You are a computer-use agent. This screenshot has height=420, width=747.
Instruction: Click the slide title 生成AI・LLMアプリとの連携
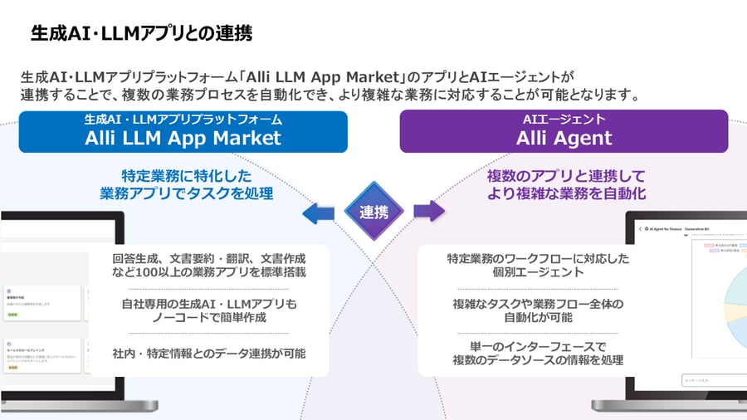pos(142,34)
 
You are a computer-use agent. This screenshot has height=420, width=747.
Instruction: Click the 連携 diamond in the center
pos(373,212)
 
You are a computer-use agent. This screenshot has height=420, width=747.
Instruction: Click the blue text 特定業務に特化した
pos(186,176)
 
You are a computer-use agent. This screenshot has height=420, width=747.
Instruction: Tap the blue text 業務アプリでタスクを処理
pos(186,193)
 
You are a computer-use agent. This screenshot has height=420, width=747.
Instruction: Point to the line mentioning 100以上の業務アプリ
pos(208,271)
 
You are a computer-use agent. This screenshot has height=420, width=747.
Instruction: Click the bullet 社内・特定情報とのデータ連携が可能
pos(208,353)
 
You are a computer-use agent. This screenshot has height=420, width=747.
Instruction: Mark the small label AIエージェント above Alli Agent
pos(564,120)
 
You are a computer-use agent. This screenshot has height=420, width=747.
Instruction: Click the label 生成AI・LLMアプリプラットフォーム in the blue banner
pos(183,120)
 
